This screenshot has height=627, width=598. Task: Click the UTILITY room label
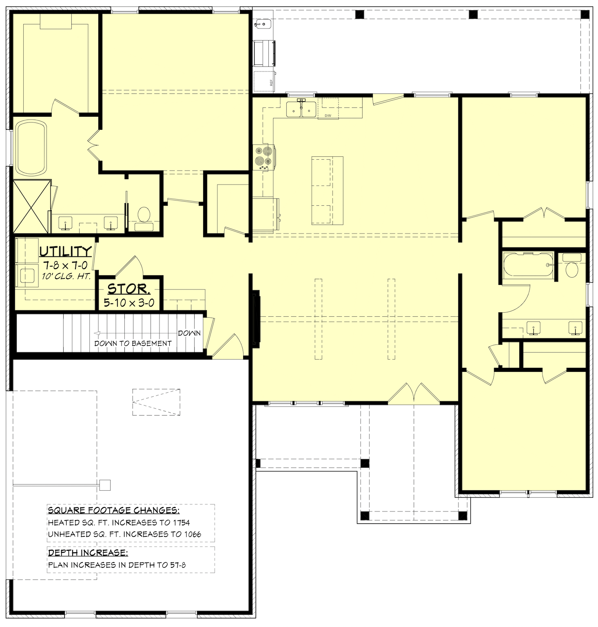point(66,251)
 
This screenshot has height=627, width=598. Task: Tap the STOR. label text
point(129,289)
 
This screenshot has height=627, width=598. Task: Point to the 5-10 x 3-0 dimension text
point(129,303)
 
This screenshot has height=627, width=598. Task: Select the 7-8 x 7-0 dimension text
point(65,265)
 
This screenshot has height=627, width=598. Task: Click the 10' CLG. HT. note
point(66,276)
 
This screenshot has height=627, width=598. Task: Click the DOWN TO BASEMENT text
point(133,343)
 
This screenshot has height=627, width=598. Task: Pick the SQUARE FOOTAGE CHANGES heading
point(113,510)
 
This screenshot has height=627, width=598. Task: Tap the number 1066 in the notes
point(192,534)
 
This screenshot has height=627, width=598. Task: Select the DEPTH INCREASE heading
point(88,553)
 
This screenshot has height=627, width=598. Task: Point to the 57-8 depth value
point(178,565)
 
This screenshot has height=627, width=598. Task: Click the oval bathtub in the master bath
point(31,148)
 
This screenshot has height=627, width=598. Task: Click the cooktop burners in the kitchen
point(264,158)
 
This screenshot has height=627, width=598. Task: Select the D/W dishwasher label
point(328,116)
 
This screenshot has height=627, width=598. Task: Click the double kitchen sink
point(301,109)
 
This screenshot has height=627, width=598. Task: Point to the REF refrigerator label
point(271,82)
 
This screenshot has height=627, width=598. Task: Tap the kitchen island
point(327,190)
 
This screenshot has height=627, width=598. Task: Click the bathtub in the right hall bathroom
point(528,265)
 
